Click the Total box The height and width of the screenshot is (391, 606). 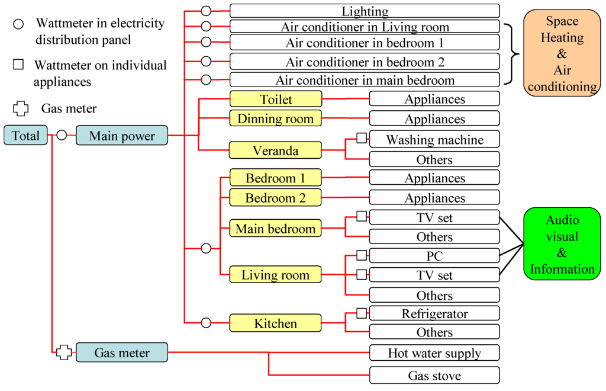click(25, 136)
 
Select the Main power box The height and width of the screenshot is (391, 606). click(122, 136)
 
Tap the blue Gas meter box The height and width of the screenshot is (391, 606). click(122, 352)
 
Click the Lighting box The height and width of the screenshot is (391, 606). click(365, 11)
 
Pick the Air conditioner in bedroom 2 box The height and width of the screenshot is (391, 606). click(365, 62)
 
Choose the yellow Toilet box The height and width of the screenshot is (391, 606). click(276, 99)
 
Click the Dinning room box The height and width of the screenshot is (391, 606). click(276, 118)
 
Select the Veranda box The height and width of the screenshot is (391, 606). click(276, 150)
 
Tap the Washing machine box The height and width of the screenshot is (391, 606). click(434, 139)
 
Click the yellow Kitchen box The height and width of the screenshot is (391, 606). click(276, 323)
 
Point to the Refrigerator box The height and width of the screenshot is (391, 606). click(434, 313)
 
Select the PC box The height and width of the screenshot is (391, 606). click(434, 256)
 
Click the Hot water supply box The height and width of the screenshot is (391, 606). click(434, 353)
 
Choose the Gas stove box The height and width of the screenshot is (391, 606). click(434, 375)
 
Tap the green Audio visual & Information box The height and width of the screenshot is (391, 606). click(562, 245)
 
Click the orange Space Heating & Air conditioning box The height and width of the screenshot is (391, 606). click(562, 53)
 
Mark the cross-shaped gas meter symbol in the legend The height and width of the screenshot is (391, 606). click(21, 108)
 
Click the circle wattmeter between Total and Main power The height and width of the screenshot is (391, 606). click(62, 136)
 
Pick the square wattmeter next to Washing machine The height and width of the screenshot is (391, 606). click(362, 139)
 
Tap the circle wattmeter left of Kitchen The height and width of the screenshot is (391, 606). click(206, 323)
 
